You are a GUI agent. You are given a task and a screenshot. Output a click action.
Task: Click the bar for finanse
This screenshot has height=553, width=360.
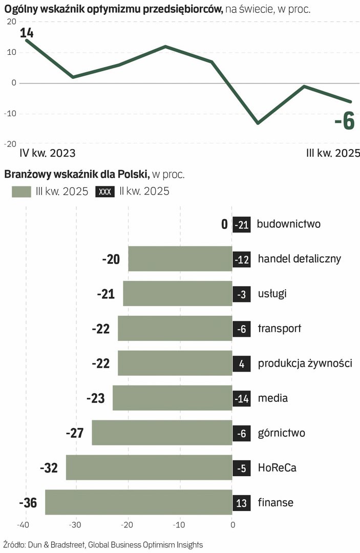(x=138, y=502)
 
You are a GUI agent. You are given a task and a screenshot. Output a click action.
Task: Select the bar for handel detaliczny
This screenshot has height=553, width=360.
(x=180, y=259)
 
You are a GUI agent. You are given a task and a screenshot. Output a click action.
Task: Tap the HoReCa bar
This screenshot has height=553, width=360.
(x=149, y=467)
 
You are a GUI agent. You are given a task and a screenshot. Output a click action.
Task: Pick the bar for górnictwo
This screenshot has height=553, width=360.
(x=162, y=433)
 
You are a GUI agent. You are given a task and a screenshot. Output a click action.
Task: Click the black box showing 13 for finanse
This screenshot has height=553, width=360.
(x=242, y=503)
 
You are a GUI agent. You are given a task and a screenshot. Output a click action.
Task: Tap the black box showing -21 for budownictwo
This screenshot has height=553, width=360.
(x=242, y=224)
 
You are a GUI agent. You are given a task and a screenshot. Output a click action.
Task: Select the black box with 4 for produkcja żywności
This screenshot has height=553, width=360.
(x=242, y=364)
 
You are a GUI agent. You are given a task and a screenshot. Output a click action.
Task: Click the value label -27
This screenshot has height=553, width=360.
(x=74, y=433)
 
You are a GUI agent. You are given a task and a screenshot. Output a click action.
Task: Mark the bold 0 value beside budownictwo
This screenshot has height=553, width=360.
(x=224, y=224)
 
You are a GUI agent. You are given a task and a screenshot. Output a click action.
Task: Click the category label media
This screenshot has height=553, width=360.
(x=273, y=398)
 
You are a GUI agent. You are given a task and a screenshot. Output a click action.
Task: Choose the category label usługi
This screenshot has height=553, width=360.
(x=272, y=294)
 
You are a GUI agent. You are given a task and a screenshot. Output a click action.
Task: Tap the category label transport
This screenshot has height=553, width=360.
(x=280, y=329)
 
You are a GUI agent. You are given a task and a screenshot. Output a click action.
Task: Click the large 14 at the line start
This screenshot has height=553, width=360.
(x=26, y=33)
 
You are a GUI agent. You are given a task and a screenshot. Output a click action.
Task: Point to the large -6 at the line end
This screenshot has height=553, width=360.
(x=344, y=122)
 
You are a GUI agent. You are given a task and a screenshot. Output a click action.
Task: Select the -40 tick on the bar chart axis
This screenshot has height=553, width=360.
(x=24, y=525)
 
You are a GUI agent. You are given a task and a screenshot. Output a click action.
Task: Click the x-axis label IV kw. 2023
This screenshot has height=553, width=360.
(x=47, y=153)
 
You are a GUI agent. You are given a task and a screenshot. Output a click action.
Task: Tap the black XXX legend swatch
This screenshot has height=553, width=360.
(x=104, y=192)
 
